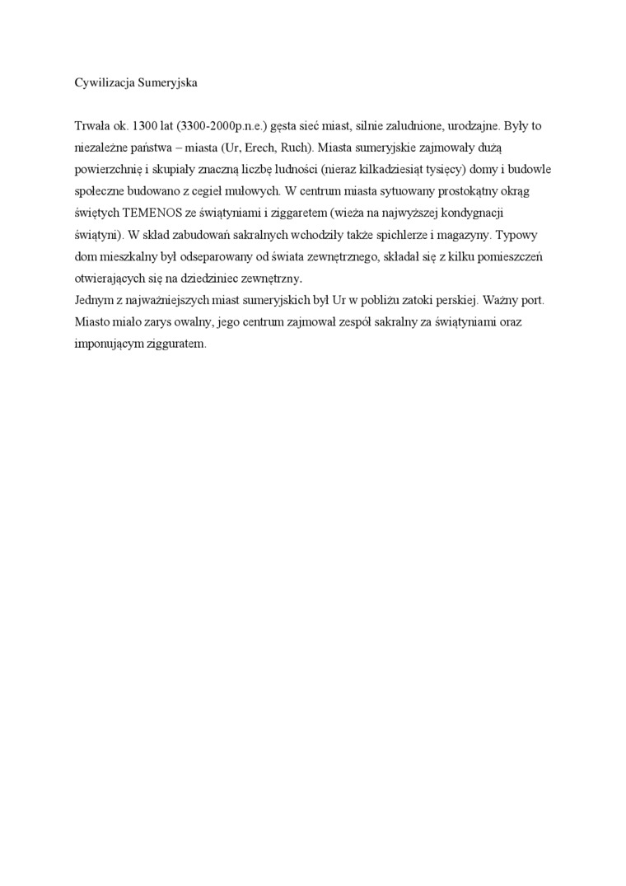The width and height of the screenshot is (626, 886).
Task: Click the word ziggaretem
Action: coord(290,213)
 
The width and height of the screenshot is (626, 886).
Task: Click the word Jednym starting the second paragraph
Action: coord(94,300)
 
